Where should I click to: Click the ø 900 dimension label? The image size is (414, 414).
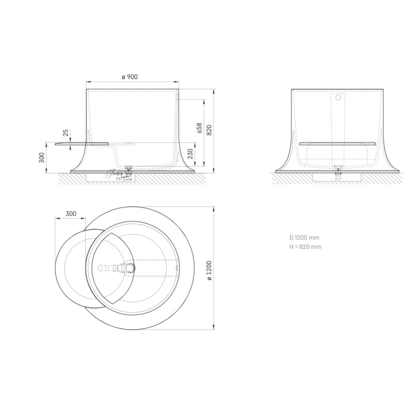[x=130, y=77]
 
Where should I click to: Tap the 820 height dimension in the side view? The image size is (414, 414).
[x=209, y=130]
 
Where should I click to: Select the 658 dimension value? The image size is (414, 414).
[x=199, y=128]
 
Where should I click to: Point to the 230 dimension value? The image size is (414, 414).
[x=190, y=154]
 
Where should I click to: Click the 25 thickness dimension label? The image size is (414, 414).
[x=66, y=132]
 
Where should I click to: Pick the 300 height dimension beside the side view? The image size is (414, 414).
[x=42, y=158]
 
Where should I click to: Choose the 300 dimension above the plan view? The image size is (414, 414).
[x=71, y=214]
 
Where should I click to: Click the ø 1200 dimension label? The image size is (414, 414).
[x=209, y=270]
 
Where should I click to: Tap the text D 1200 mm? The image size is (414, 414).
[x=304, y=238]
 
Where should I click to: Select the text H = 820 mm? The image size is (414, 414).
[x=305, y=247]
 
